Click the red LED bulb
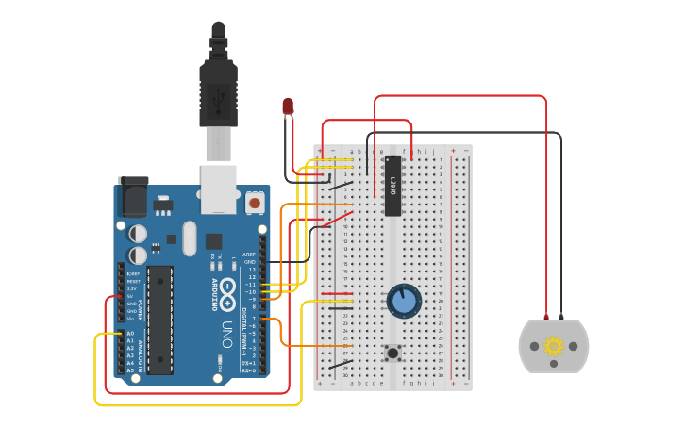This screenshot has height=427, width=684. (288, 106)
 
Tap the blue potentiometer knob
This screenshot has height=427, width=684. (404, 301)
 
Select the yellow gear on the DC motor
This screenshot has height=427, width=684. (554, 346)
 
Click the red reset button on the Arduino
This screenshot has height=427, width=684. (254, 202)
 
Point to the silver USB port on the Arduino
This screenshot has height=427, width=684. (218, 188)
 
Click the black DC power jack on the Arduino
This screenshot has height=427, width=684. (132, 198)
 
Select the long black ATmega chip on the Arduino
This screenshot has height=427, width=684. (159, 319)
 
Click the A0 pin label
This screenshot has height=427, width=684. (130, 334)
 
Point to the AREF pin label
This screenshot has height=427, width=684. (249, 255)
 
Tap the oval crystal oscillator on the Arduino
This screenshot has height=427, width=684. (189, 238)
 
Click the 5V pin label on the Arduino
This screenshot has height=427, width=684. (130, 296)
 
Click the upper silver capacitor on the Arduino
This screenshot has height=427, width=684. (139, 233)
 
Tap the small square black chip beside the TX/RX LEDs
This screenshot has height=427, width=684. (214, 241)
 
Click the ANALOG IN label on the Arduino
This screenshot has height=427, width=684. (142, 352)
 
